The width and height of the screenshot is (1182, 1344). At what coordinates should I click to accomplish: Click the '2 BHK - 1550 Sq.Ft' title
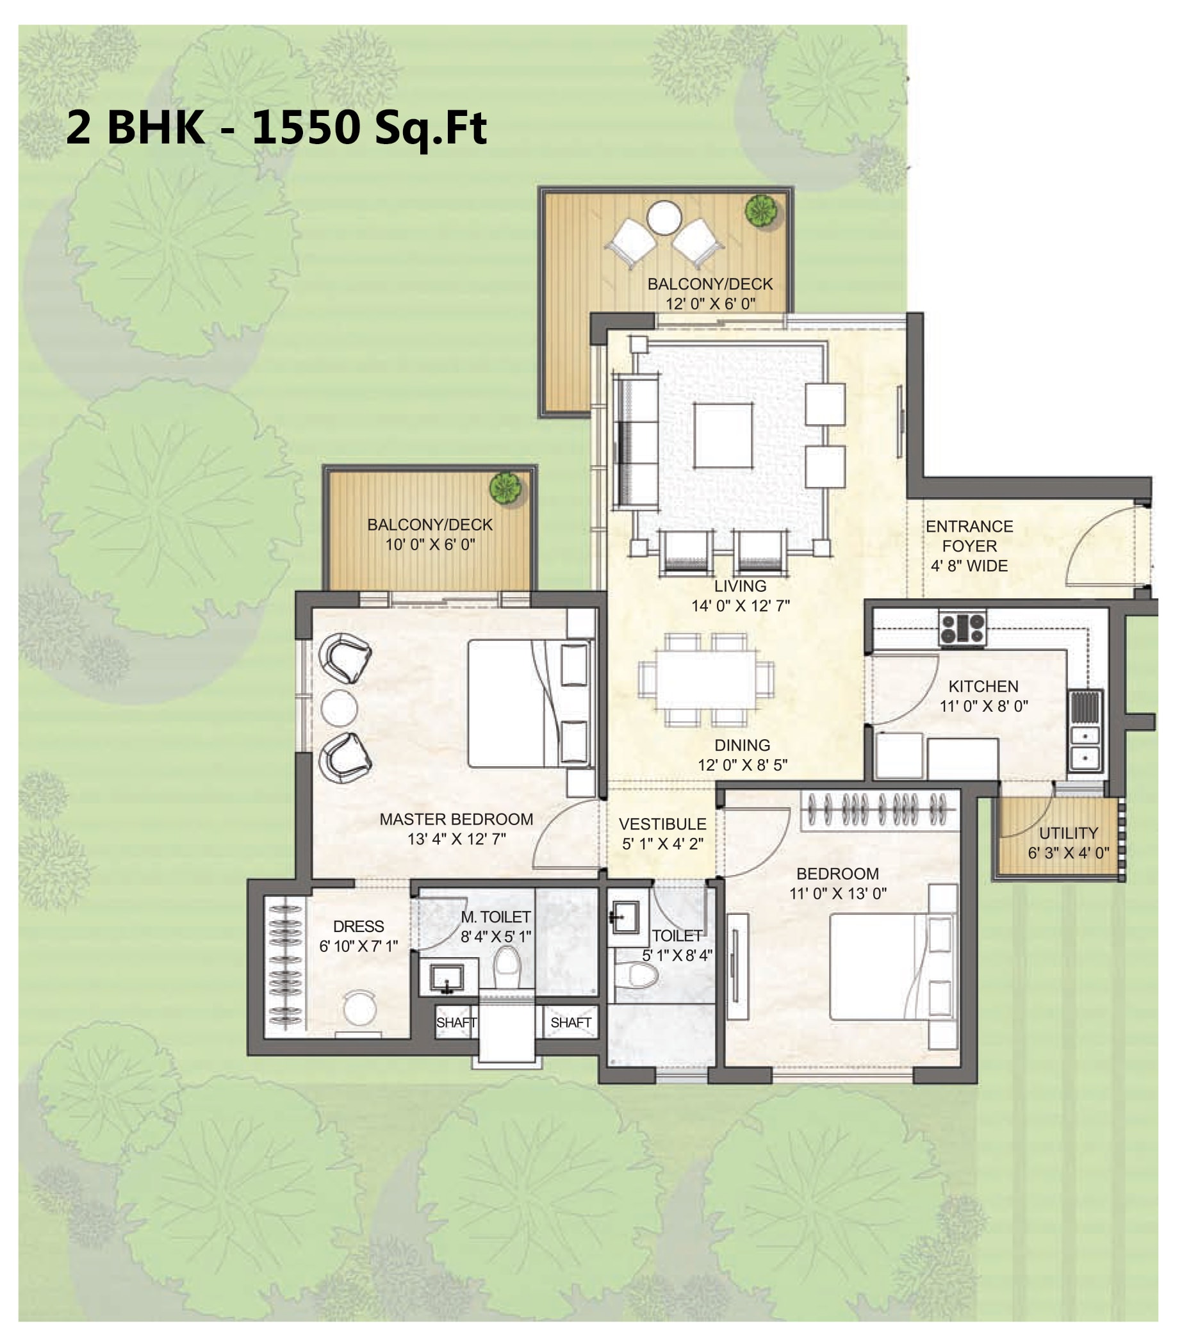click(277, 128)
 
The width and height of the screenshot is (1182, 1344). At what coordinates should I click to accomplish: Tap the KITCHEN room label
click(983, 687)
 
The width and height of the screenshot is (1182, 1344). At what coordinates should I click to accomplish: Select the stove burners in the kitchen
click(962, 628)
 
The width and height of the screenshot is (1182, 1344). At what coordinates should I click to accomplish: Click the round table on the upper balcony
click(664, 218)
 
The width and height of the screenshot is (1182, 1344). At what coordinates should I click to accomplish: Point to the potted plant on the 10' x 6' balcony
click(505, 489)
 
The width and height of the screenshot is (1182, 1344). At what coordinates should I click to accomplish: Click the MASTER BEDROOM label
click(456, 819)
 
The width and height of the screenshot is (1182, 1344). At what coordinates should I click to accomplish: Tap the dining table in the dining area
click(706, 680)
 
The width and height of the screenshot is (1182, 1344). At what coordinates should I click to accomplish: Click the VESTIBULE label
click(662, 824)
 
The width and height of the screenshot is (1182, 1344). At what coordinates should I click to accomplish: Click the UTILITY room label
click(1068, 833)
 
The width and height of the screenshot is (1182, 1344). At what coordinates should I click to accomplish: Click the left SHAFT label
click(456, 1022)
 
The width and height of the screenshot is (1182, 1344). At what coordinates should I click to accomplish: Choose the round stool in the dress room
click(360, 1007)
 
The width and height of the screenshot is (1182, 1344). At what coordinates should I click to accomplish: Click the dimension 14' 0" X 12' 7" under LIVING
click(740, 605)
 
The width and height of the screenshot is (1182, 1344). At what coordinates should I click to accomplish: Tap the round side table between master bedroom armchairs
click(339, 708)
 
